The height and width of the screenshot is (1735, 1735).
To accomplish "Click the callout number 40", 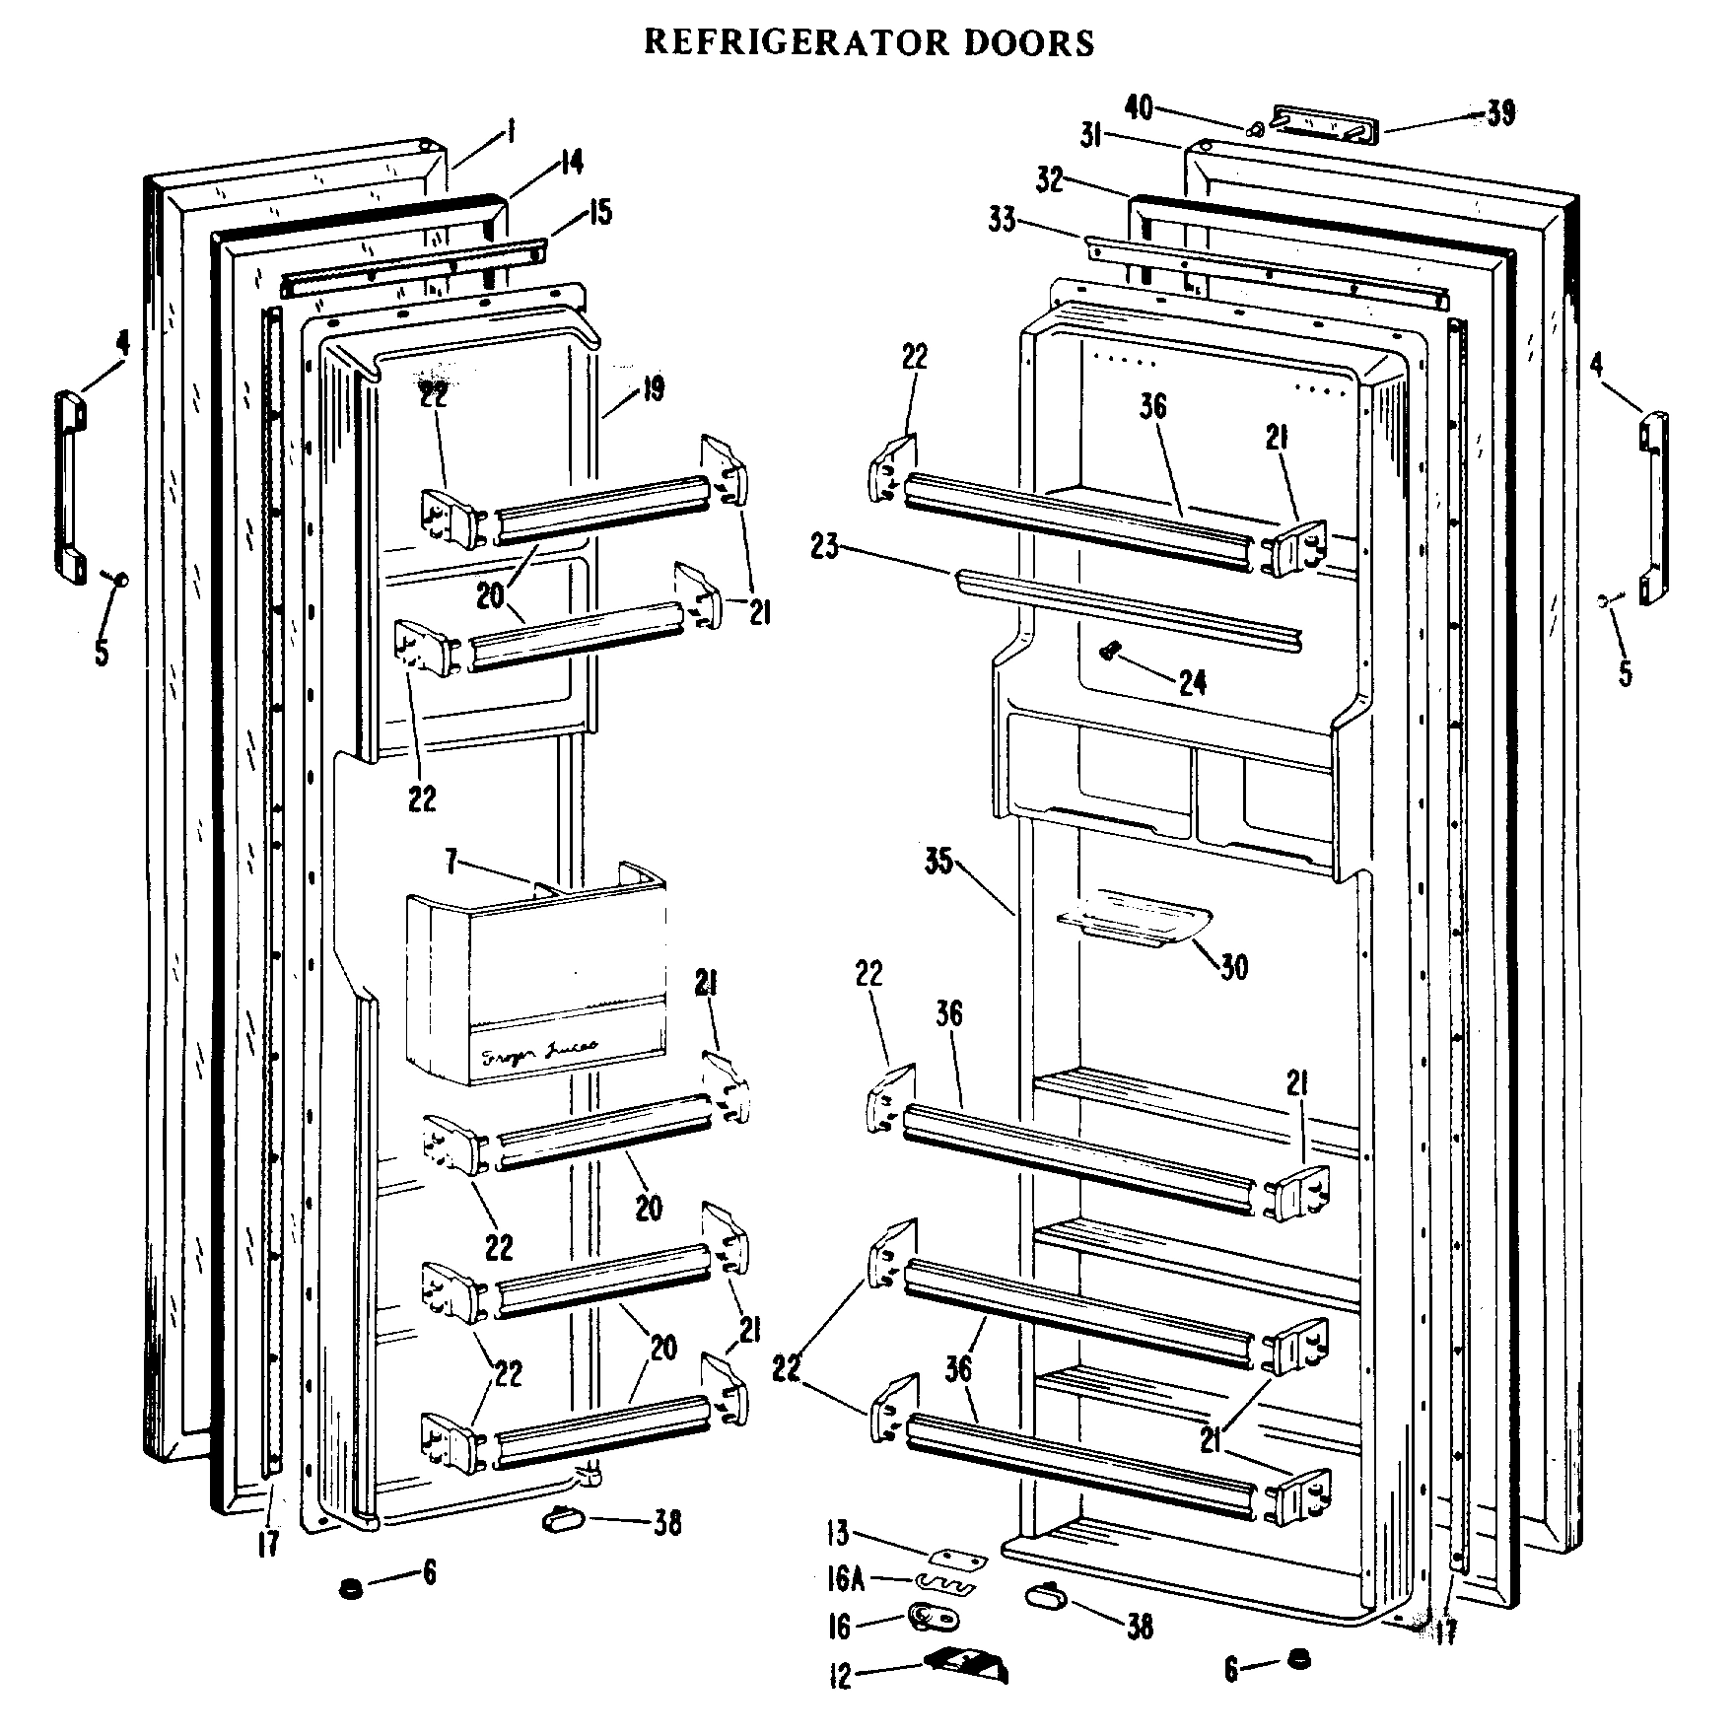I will click(1139, 107).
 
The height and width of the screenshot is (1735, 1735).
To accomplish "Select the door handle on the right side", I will click(1653, 508).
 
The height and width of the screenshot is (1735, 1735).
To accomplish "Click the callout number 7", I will click(451, 864).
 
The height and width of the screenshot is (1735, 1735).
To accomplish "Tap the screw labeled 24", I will click(1111, 650).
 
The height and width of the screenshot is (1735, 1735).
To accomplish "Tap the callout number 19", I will click(654, 387).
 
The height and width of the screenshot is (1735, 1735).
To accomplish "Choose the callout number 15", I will click(599, 211).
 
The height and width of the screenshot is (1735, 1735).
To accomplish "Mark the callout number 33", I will click(1002, 221).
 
